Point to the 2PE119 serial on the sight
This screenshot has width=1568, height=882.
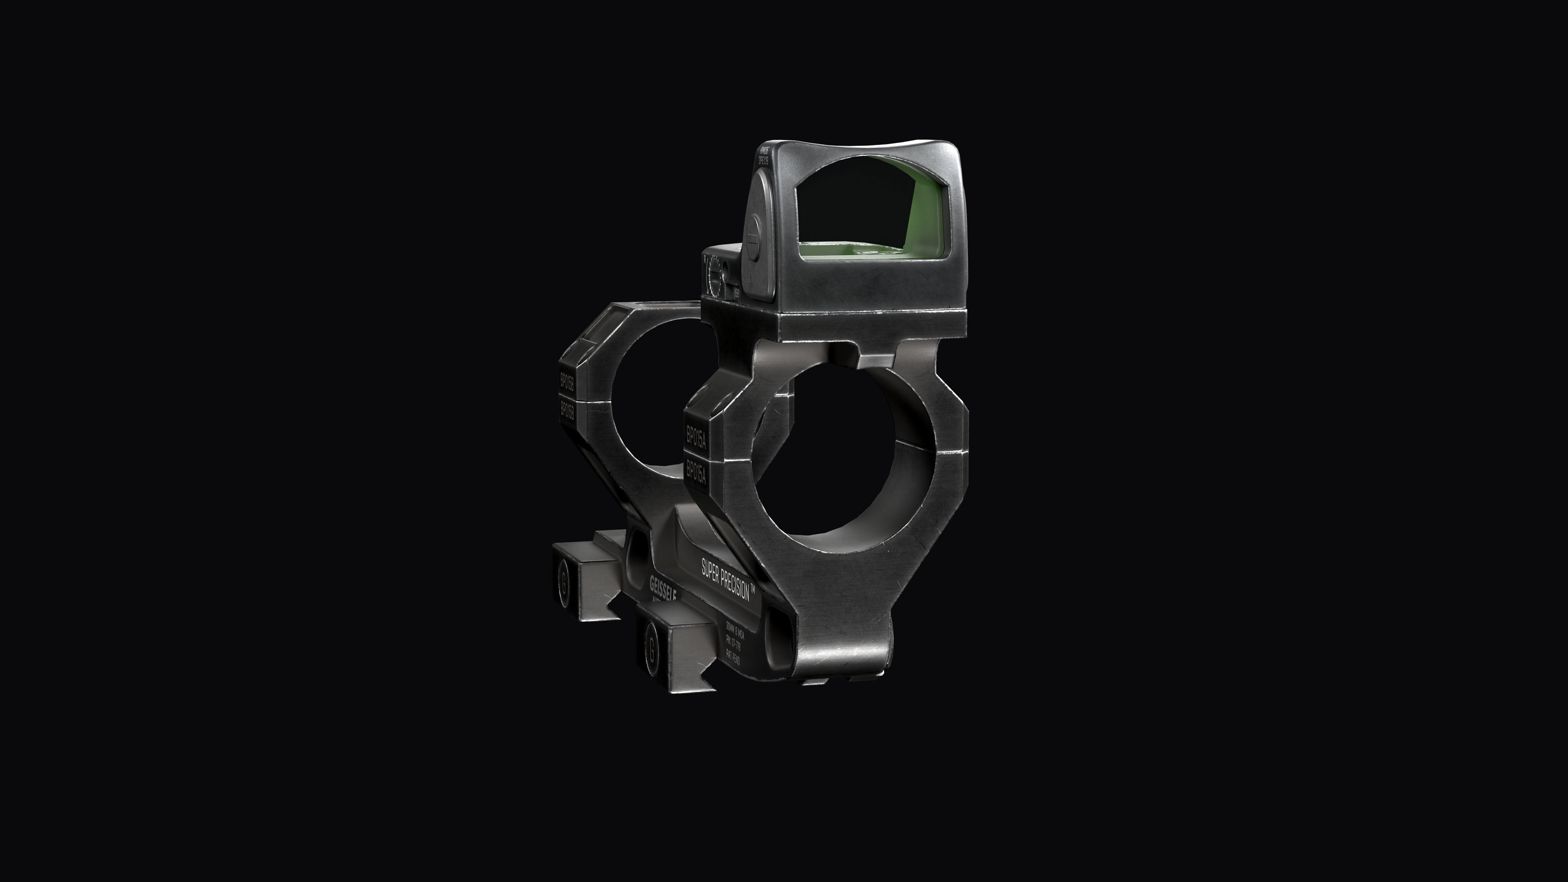(763, 160)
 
